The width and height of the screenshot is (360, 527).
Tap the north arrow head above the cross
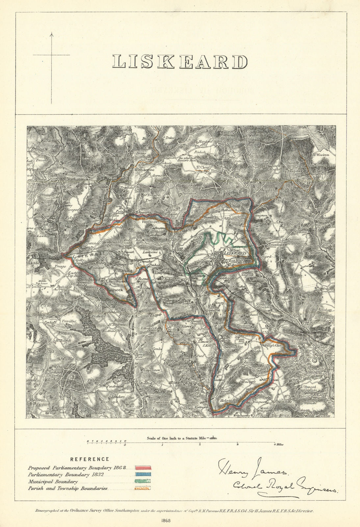click(x=51, y=34)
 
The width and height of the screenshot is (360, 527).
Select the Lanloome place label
click(x=151, y=252)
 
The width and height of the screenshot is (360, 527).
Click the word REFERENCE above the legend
click(x=90, y=459)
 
